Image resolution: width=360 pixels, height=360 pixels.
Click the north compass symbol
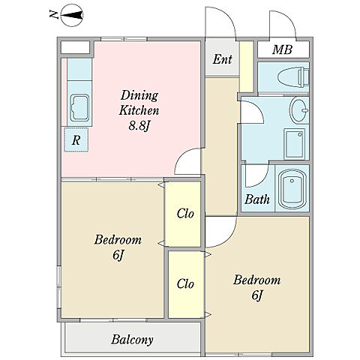(72, 16)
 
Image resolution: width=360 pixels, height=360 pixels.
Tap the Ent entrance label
(222, 59)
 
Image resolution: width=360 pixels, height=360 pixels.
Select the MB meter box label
(282, 49)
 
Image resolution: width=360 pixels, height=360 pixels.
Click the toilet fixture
(293, 77)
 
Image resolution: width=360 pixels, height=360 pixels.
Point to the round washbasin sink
(299, 110)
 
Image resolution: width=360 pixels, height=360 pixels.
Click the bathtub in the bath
(292, 189)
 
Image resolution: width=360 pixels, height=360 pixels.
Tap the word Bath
(257, 199)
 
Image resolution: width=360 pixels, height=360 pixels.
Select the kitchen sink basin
(79, 108)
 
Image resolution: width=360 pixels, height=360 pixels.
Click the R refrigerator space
(76, 139)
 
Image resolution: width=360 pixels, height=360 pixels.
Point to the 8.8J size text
(139, 126)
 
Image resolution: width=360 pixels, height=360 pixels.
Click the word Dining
(139, 95)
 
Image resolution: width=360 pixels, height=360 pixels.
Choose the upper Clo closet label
(185, 214)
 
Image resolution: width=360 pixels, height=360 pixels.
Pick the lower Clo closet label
(185, 283)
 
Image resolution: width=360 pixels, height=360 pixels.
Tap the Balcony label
(132, 340)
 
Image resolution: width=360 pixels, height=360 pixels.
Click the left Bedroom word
(118, 240)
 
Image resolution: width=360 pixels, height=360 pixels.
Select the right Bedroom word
(256, 280)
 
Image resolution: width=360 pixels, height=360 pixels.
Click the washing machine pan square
(295, 144)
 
